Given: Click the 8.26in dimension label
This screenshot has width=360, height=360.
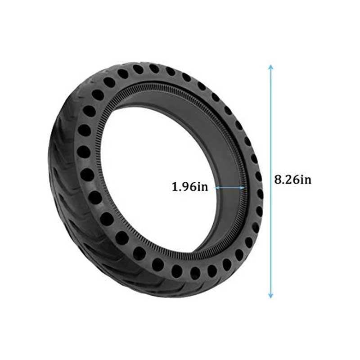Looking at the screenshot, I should point(292,180).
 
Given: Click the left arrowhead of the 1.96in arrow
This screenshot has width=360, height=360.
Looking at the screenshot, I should point(217,187).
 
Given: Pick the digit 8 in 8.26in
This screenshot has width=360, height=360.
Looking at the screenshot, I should point(278,180).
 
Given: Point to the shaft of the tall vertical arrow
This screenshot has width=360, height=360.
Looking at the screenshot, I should point(270,135).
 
